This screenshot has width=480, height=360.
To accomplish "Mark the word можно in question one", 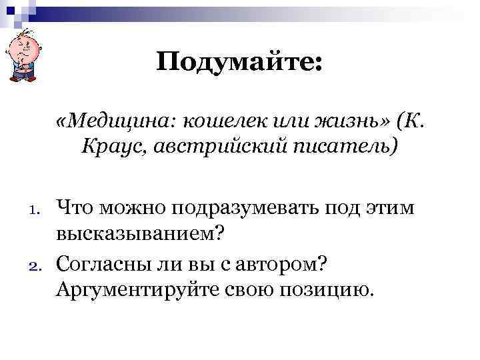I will pyautogui.click(x=128, y=209).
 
